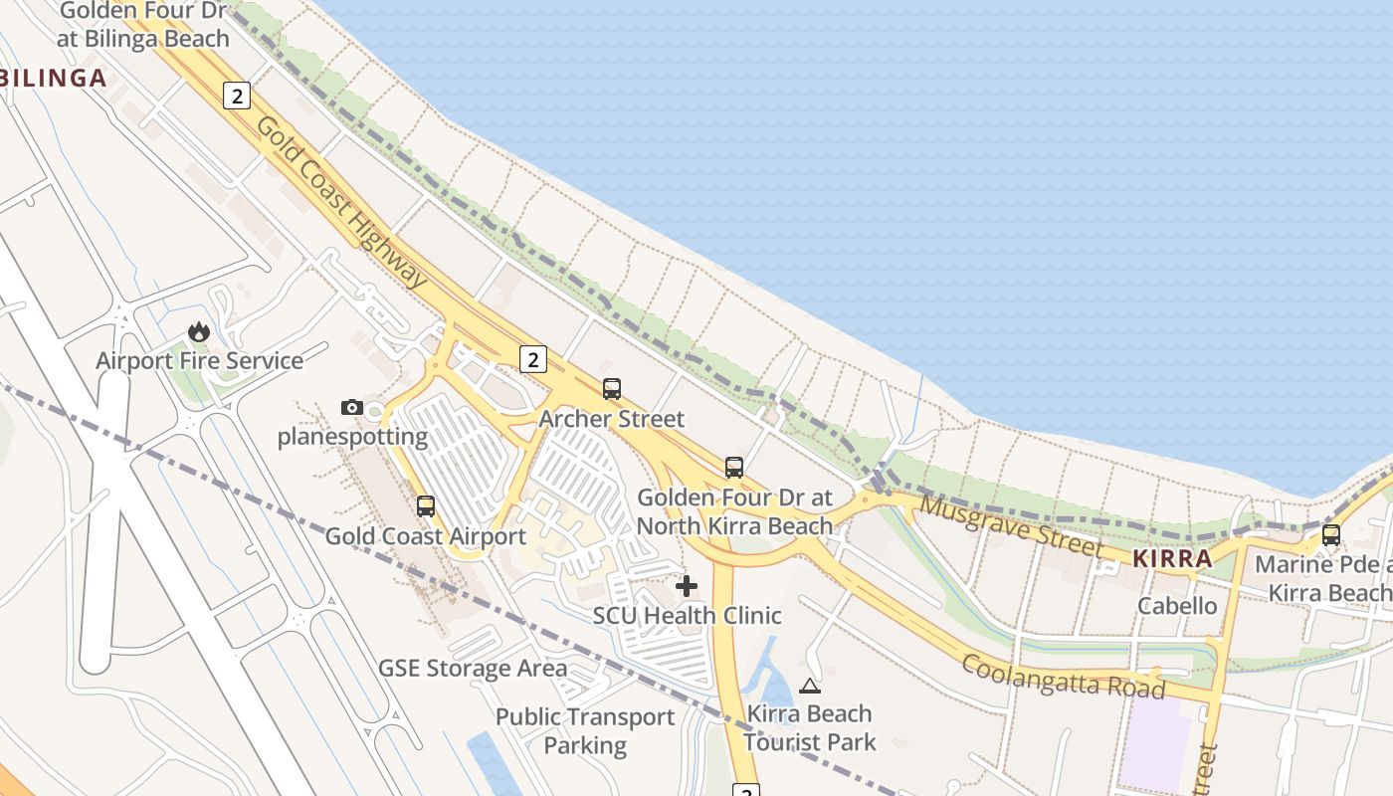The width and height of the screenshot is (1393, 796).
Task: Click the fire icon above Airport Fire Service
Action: pyautogui.click(x=199, y=331)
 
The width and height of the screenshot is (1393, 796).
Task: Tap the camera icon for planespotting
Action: pyautogui.click(x=351, y=407)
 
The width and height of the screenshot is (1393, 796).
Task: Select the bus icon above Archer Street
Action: pyautogui.click(x=612, y=389)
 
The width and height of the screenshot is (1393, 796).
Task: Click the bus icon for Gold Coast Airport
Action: pyautogui.click(x=426, y=506)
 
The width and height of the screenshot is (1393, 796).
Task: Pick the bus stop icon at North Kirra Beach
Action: pyautogui.click(x=734, y=467)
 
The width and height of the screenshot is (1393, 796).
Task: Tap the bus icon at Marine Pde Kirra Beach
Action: pyautogui.click(x=1331, y=535)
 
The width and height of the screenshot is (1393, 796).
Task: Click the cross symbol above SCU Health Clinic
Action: pyautogui.click(x=687, y=586)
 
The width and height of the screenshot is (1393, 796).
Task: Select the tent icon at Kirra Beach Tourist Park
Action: pyautogui.click(x=810, y=686)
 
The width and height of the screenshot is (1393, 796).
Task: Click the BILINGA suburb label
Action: pyautogui.click(x=53, y=79)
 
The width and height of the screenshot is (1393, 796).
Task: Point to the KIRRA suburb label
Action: pyautogui.click(x=1173, y=558)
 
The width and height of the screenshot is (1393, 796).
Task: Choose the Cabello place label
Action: pyautogui.click(x=1177, y=606)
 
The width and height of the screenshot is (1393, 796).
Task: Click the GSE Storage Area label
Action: pyautogui.click(x=473, y=668)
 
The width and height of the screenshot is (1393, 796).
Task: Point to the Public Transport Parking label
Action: pyautogui.click(x=585, y=730)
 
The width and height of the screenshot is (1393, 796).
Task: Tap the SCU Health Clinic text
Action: pyautogui.click(x=687, y=616)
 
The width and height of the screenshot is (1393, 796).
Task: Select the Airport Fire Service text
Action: pyautogui.click(x=199, y=360)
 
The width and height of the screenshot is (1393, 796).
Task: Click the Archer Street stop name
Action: pyautogui.click(x=612, y=419)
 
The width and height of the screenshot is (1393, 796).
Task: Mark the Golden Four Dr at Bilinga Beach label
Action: pyautogui.click(x=143, y=24)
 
